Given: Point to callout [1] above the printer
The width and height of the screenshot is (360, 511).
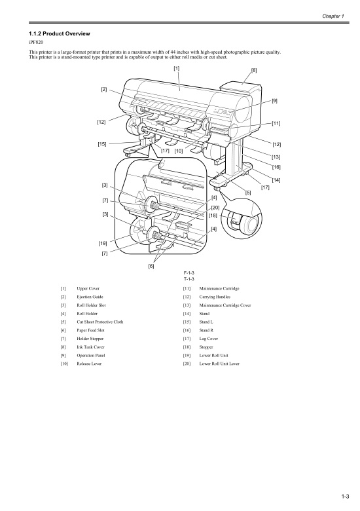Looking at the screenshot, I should pos(177,68).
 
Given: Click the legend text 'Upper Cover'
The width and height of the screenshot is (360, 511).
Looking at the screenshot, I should pos(88,288).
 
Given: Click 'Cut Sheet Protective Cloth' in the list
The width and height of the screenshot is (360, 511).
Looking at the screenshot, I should pos(99,322).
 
